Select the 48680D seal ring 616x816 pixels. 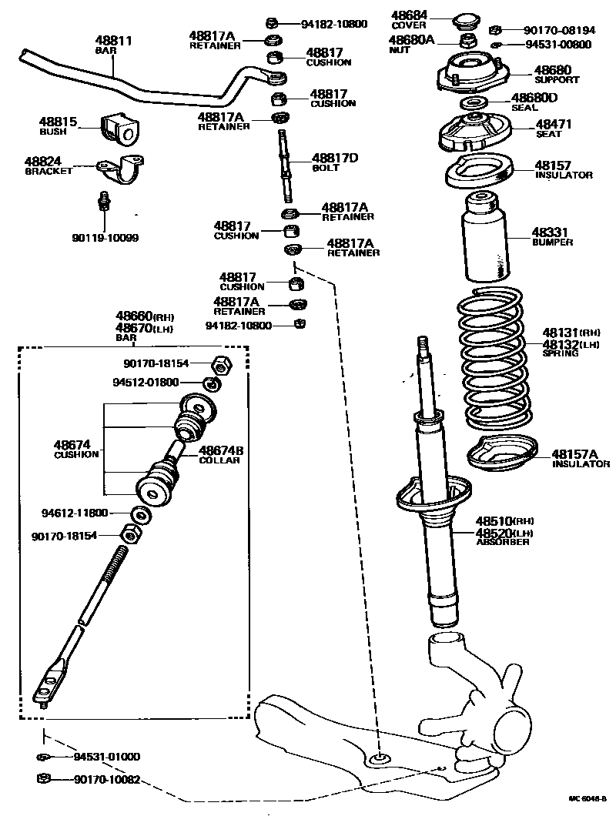click(x=474, y=102)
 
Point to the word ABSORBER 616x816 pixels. click(x=502, y=542)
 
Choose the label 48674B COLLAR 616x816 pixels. click(x=219, y=455)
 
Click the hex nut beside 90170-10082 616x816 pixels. click(x=43, y=780)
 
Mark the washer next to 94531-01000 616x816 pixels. click(x=43, y=757)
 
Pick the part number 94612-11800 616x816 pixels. click(x=75, y=513)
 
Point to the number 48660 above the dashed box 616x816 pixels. click(x=134, y=316)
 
